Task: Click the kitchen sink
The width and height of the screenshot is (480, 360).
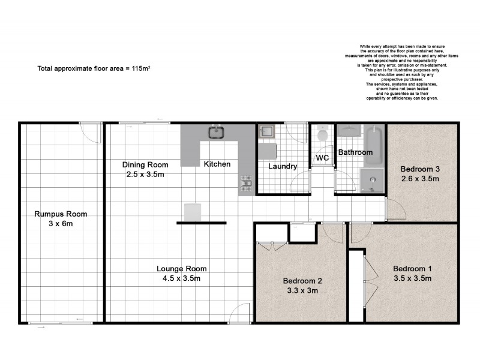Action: point(215,132)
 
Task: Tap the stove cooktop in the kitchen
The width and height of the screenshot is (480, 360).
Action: point(246,185)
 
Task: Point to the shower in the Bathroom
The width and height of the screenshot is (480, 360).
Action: point(371,179)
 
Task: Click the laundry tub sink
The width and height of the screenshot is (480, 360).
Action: point(266,133)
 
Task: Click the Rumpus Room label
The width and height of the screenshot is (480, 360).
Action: point(61,214)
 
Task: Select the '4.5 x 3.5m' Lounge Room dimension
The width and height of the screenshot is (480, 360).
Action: point(182,278)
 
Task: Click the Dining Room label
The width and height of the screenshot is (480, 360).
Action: point(145,164)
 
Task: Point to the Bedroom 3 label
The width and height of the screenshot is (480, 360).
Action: point(420,169)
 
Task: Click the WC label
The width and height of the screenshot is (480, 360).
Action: point(322,158)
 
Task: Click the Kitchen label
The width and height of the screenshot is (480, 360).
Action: point(217,164)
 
